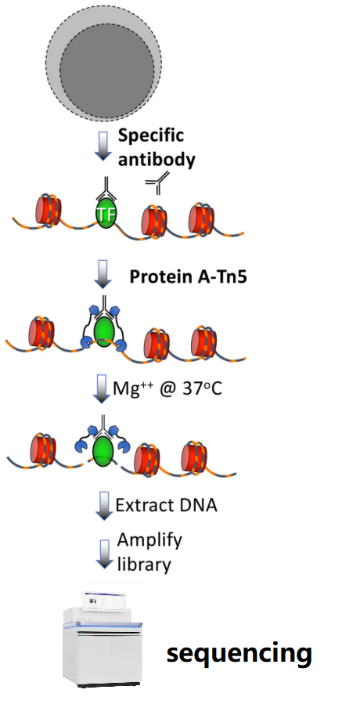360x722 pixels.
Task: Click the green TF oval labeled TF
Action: pyautogui.click(x=106, y=213)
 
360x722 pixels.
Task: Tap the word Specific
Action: pyautogui.click(x=151, y=136)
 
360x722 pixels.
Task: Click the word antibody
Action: pyautogui.click(x=157, y=161)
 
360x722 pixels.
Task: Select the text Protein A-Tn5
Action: pyautogui.click(x=188, y=276)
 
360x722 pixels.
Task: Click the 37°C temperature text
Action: pyautogui.click(x=202, y=388)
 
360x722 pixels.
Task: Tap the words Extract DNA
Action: pyautogui.click(x=166, y=505)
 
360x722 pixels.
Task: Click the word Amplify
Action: pyautogui.click(x=149, y=540)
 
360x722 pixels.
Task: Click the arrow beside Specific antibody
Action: pyautogui.click(x=103, y=146)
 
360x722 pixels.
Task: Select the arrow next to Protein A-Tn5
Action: pyautogui.click(x=103, y=274)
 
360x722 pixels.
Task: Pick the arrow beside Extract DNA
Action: pyautogui.click(x=103, y=506)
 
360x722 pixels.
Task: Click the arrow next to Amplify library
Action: pyautogui.click(x=103, y=554)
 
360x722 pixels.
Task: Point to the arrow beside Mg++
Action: pyautogui.click(x=103, y=389)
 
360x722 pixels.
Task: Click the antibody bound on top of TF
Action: pyautogui.click(x=106, y=189)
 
